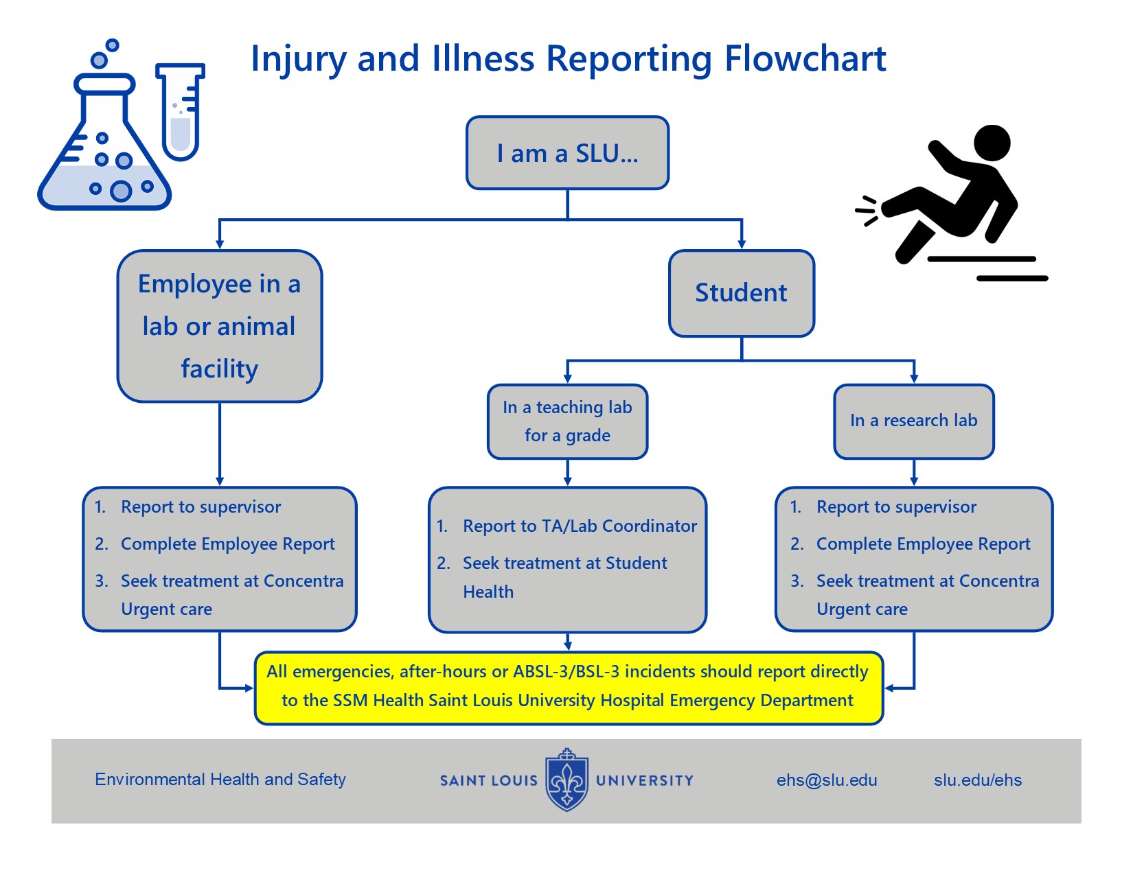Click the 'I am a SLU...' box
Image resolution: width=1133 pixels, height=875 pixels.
[566, 152]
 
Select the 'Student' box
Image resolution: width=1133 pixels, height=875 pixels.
[741, 293]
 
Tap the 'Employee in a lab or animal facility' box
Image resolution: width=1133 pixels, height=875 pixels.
[220, 326]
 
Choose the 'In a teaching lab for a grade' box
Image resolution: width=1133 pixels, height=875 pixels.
[567, 421]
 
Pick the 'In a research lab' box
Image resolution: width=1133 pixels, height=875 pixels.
[913, 421]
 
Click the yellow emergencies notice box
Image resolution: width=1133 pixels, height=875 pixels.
[569, 688]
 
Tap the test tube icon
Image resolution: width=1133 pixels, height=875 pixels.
[181, 112]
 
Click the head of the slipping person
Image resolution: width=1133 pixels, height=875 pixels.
[992, 143]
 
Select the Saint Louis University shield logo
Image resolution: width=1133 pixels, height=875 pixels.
[566, 780]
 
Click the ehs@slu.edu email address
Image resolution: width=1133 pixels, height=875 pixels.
[827, 780]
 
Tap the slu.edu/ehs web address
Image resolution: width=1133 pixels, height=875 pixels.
[977, 780]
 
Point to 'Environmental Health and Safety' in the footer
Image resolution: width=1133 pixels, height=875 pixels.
[220, 779]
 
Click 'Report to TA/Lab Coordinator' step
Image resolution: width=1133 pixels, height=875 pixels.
[580, 526]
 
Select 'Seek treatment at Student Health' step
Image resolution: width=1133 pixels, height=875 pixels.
[564, 577]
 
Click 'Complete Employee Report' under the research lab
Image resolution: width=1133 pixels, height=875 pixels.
[923, 544]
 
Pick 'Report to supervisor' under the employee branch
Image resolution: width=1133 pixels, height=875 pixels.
[201, 506]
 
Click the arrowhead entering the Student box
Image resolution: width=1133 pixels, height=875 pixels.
[742, 244]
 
